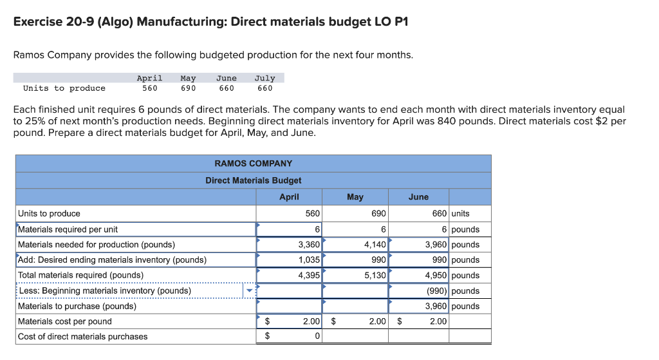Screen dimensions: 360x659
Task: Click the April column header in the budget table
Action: pos(289,197)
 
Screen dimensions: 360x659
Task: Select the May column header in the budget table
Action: pos(355,197)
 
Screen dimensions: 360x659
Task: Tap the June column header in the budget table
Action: pos(418,197)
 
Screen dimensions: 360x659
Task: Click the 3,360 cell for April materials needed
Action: pos(290,245)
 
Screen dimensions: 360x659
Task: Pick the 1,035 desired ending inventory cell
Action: pos(290,260)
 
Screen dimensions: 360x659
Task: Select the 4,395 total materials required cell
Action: pos(290,276)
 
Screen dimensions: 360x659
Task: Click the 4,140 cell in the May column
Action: pos(355,245)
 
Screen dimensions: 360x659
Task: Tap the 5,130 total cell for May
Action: pos(355,276)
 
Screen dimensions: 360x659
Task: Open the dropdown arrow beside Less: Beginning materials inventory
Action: pos(250,291)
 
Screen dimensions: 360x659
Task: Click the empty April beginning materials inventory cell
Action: pos(290,291)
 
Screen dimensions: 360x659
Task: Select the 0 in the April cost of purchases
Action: pos(317,337)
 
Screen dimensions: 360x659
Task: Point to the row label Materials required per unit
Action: pos(68,229)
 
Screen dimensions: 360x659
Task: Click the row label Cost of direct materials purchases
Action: pos(82,337)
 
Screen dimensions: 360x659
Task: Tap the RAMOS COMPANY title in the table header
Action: pos(253,164)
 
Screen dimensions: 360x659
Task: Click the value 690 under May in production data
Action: pos(188,88)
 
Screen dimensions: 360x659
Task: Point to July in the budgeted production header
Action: pos(265,78)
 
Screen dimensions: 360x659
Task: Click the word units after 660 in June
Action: pos(461,214)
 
